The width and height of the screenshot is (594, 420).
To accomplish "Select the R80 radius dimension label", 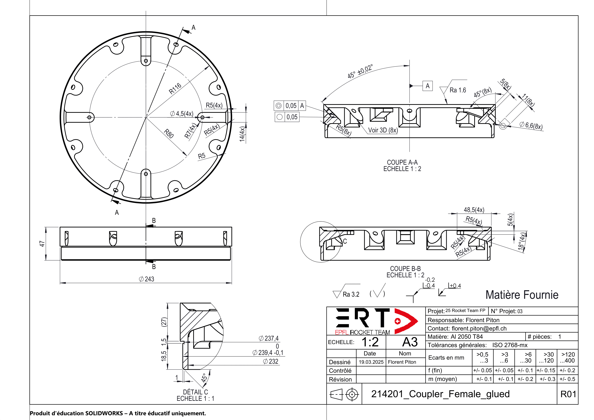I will [x=169, y=134].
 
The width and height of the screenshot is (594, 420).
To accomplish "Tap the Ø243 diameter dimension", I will [x=146, y=279].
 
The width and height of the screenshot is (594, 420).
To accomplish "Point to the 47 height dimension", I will [x=42, y=244].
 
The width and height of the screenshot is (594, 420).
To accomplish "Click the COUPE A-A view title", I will [x=402, y=162].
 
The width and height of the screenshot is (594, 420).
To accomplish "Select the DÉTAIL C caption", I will [x=195, y=392].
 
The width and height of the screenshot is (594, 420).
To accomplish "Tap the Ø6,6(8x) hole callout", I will [x=531, y=126].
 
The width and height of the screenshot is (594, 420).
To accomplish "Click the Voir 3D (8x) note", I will [x=383, y=130].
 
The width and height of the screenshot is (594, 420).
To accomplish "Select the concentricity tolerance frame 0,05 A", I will [x=290, y=106].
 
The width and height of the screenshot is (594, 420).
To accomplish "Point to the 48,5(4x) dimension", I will [x=474, y=210].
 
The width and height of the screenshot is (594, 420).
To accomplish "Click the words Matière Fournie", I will [x=522, y=295].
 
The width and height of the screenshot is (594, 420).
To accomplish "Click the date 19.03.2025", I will [x=371, y=362].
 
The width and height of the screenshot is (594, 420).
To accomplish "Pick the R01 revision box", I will [x=568, y=394].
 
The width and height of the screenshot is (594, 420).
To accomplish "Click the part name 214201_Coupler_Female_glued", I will [x=440, y=394].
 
